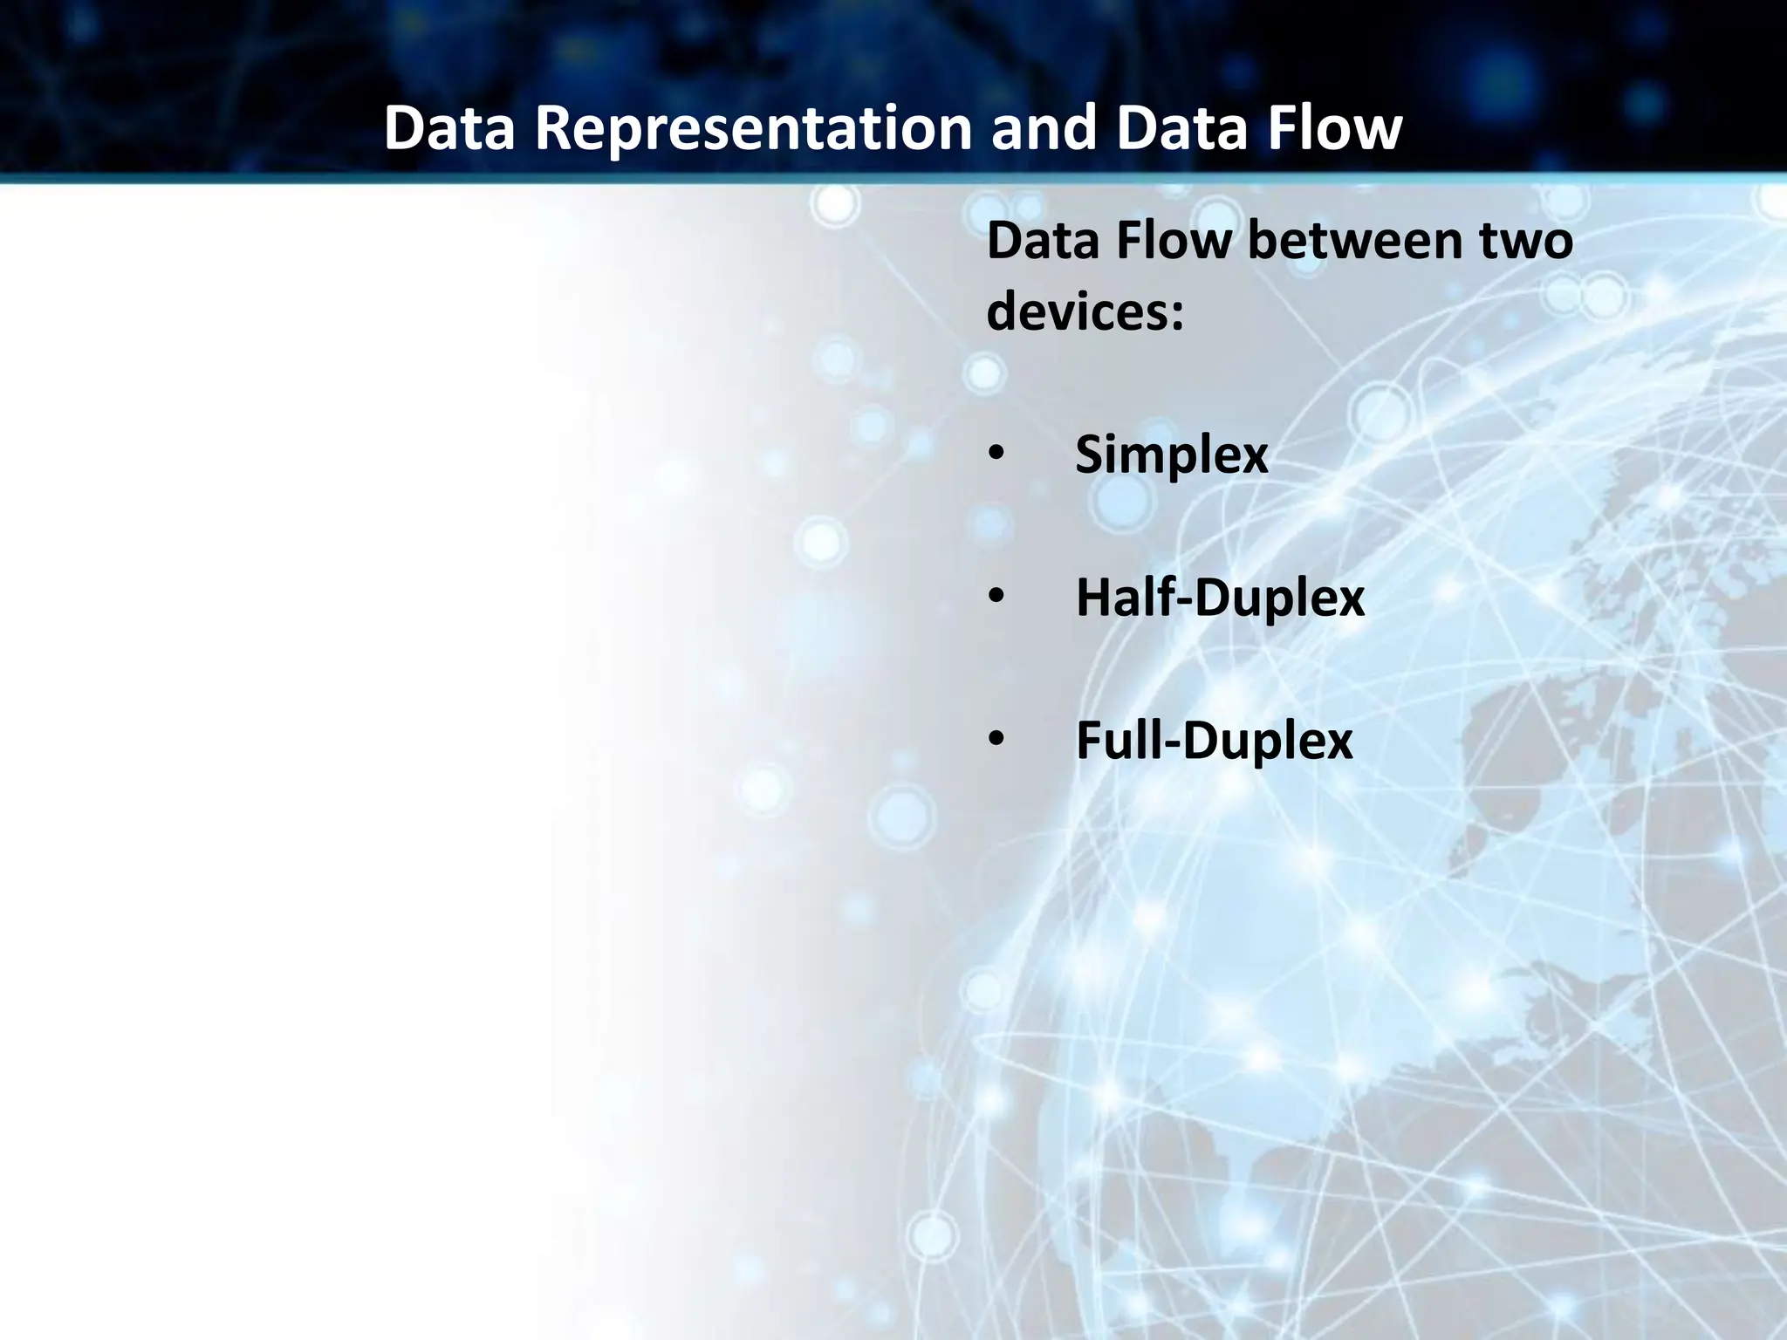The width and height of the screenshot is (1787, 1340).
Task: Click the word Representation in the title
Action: coord(753,128)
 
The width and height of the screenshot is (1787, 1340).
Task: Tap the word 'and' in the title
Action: coord(1043,128)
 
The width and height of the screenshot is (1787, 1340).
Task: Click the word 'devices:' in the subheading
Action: coord(1085,312)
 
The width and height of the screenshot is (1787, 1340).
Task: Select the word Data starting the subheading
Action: coord(1043,241)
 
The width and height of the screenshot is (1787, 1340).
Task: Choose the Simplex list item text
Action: coord(1171,455)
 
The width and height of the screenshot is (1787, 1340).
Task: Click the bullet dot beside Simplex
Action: coord(996,455)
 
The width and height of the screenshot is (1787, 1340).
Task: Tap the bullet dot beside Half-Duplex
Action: coord(996,598)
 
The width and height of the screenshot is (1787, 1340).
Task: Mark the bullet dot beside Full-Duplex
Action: coord(996,741)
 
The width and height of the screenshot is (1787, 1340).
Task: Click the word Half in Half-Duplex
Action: coord(1116,598)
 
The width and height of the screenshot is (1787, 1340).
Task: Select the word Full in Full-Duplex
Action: coord(1113,742)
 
